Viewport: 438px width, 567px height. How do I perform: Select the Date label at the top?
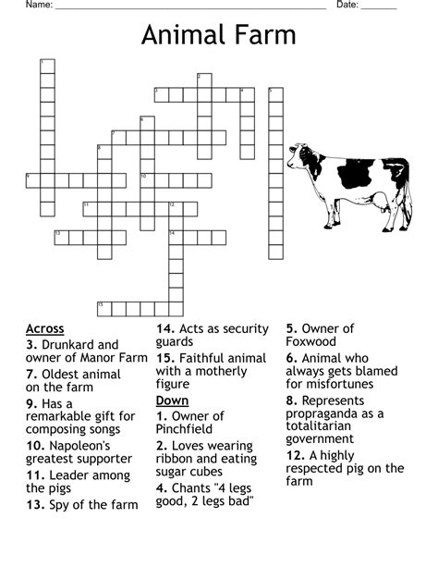347,5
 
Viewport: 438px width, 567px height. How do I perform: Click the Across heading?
45,328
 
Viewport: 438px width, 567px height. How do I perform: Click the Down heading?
172,401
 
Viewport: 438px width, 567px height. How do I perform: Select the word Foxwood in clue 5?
311,342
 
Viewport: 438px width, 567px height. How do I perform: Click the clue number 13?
35,504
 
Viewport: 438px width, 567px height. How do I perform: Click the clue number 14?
164,328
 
